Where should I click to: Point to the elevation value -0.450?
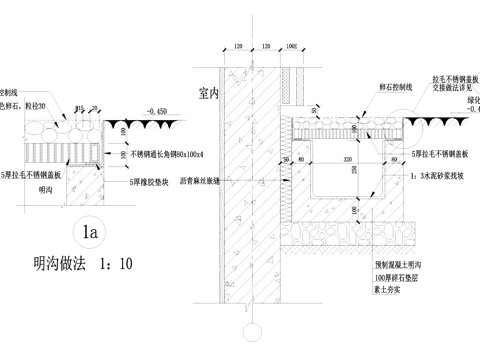coord(154,110)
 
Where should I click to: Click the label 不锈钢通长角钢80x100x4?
coord(166,155)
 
